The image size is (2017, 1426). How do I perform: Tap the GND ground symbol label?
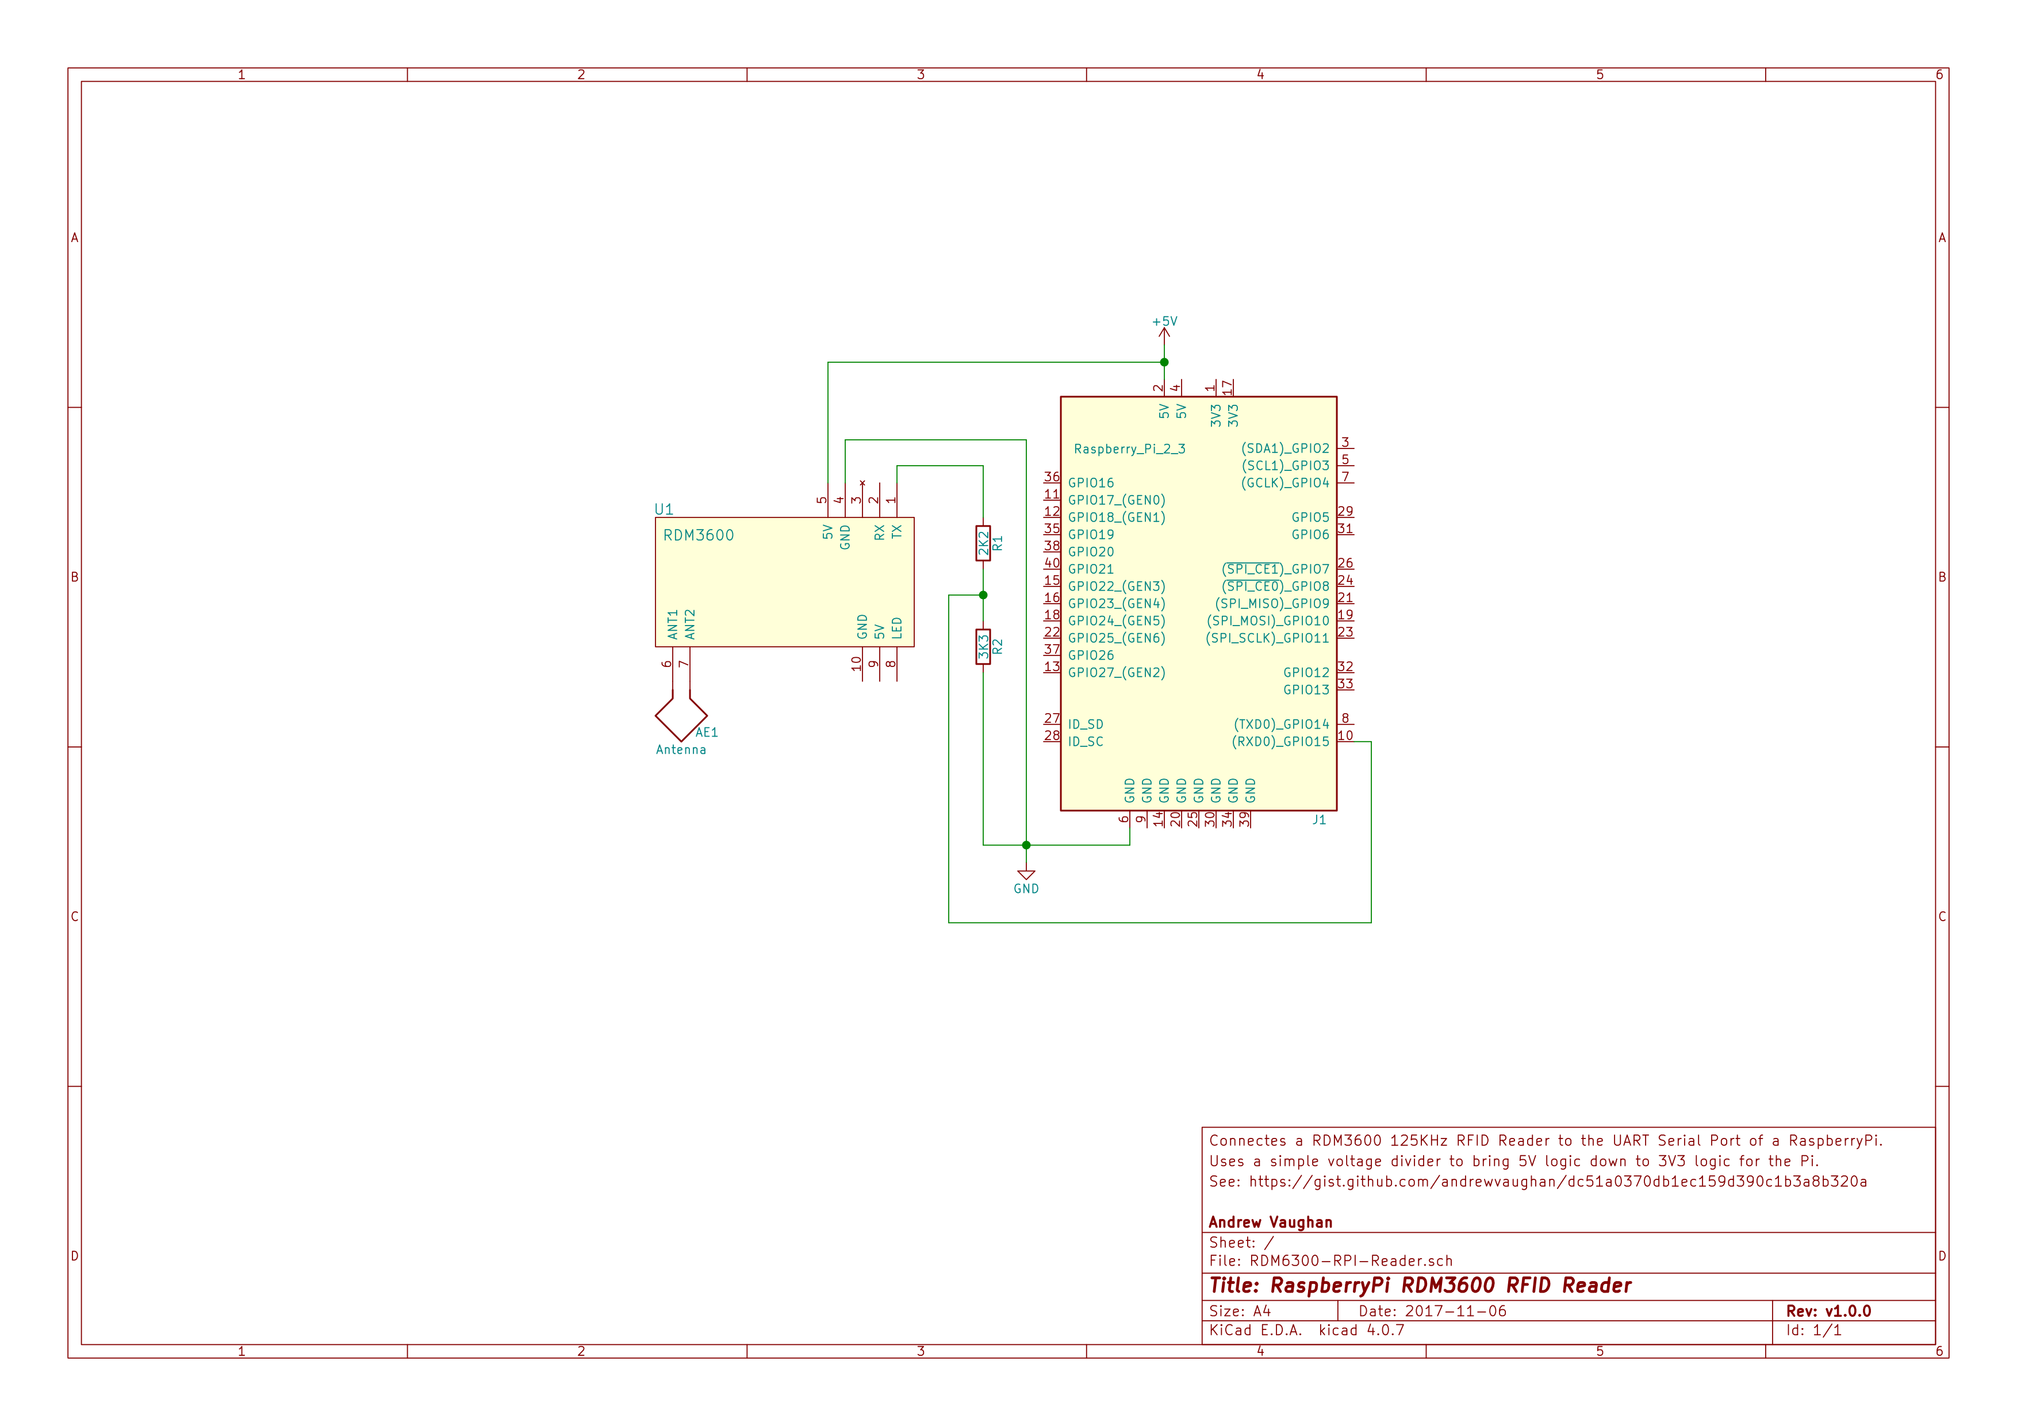pos(1026,888)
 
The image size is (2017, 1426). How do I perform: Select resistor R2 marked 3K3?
pos(983,647)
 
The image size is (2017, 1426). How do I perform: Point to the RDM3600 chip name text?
pos(699,535)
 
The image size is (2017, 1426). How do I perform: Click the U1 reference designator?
pos(664,509)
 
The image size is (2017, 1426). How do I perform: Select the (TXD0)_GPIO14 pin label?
pos(1281,724)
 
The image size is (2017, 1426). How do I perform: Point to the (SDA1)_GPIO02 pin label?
pos(1284,448)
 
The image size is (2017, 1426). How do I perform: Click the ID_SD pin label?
pos(1086,724)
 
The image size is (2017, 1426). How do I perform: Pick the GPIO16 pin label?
pos(1091,482)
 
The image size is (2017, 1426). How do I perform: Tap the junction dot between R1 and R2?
pos(983,595)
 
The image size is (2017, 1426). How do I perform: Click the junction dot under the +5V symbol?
pos(1164,362)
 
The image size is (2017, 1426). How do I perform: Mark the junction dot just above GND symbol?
pos(1026,845)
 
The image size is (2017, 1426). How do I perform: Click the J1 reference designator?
pos(1318,820)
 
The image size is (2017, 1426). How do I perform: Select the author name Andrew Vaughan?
pos(1270,1222)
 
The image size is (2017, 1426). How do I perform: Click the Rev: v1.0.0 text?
pos(1828,1311)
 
